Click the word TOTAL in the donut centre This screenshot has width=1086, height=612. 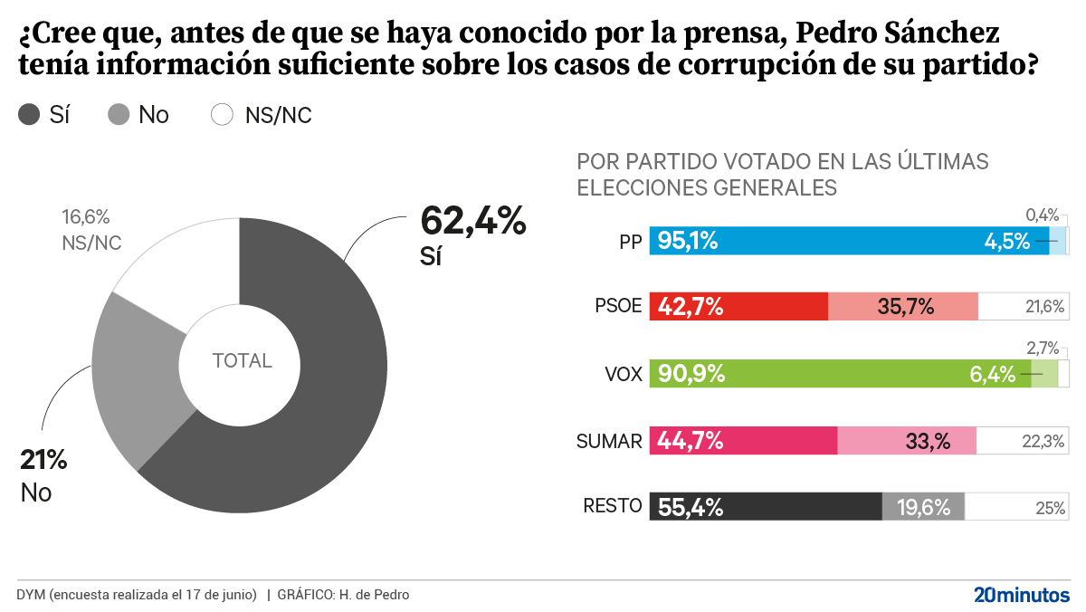[242, 360]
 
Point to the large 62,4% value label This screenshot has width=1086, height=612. [472, 221]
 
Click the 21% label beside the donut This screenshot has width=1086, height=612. [43, 460]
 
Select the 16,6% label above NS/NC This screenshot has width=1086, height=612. [85, 217]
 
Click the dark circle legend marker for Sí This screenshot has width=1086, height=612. [29, 115]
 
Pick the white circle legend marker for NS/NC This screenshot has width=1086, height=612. [222, 115]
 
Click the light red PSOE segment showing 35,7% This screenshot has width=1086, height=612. [903, 307]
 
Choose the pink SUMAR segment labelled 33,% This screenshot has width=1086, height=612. [907, 441]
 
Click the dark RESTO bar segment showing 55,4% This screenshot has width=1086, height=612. [766, 507]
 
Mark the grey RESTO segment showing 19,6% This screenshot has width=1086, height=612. [923, 507]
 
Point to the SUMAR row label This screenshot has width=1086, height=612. [609, 442]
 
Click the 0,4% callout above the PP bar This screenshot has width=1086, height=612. [1042, 215]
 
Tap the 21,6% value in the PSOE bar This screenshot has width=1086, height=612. [1043, 307]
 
